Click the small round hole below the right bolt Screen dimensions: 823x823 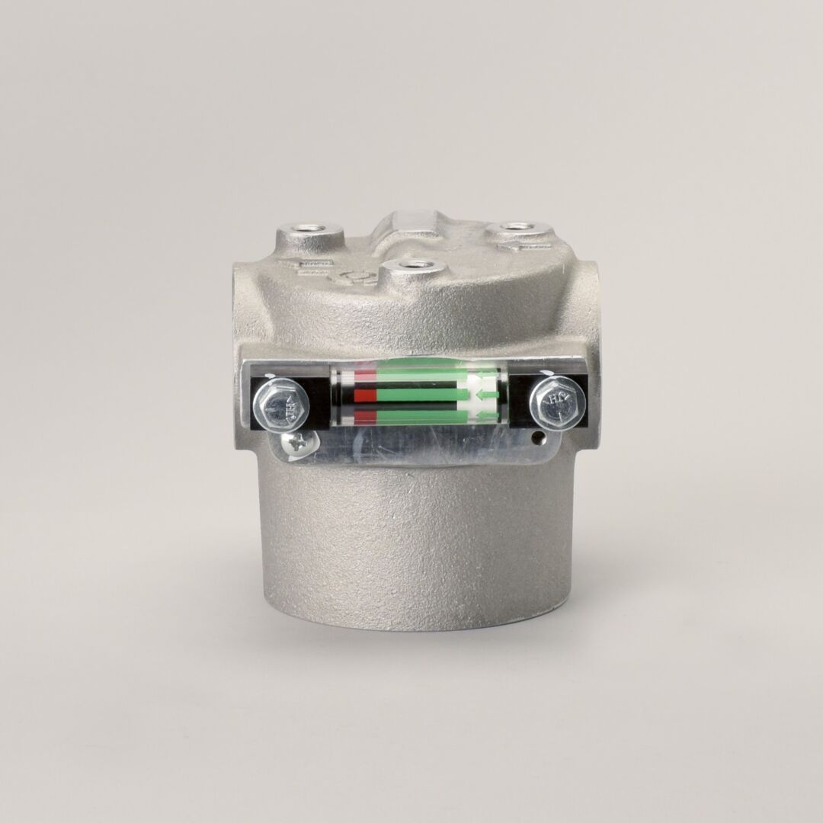click(540, 438)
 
